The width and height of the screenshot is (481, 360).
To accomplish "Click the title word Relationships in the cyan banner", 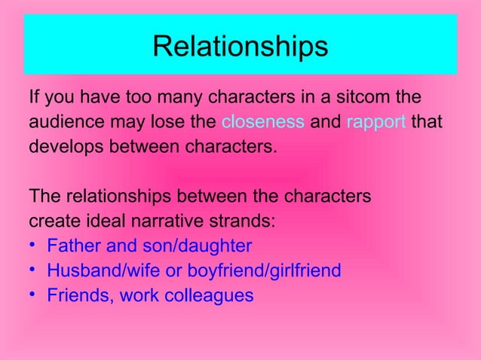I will (240, 47).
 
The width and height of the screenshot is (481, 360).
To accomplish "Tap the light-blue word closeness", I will (263, 121).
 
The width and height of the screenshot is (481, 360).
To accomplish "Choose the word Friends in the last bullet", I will (76, 295).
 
